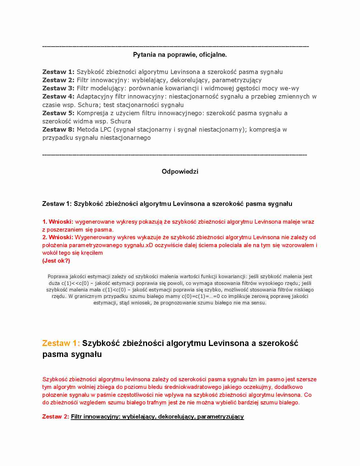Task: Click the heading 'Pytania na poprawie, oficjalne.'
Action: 180,55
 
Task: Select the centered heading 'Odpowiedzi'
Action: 180,171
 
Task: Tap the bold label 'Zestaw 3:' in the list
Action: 58,88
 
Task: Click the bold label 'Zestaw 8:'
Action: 58,130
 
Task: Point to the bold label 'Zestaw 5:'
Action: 58,113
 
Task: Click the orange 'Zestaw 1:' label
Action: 61,343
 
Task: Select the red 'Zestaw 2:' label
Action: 55,417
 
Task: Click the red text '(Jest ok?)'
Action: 56,261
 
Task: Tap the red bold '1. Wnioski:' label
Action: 58,222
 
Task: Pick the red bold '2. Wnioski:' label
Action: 58,237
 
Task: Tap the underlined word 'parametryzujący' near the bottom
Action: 221,417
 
